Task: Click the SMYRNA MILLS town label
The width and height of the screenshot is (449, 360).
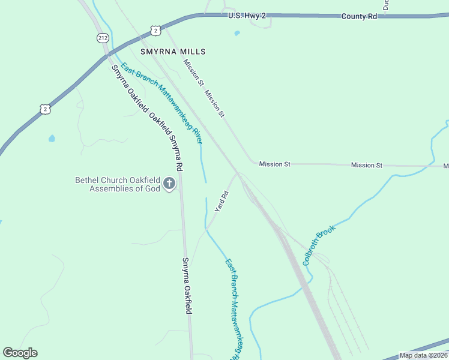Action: click(173, 52)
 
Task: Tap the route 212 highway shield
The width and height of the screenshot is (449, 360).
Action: click(102, 38)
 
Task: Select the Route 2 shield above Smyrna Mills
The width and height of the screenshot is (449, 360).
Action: click(155, 30)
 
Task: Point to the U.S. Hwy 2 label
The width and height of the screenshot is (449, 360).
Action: click(247, 16)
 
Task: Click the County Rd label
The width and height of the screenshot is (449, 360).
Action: click(359, 17)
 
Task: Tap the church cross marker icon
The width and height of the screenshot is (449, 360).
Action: click(169, 184)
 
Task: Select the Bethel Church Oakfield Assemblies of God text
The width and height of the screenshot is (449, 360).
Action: click(118, 184)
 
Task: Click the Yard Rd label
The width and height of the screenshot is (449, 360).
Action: click(221, 201)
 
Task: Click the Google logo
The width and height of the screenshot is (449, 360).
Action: click(20, 353)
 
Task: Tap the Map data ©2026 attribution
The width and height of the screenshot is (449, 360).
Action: click(423, 355)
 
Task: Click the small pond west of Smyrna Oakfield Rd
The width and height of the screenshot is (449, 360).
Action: click(52, 139)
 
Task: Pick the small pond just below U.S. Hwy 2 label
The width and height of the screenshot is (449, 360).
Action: click(237, 33)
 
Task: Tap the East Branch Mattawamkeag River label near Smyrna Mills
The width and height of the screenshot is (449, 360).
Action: click(161, 103)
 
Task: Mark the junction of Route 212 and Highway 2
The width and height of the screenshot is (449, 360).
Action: click(106, 55)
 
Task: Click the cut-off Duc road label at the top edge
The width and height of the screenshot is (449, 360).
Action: click(386, 4)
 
